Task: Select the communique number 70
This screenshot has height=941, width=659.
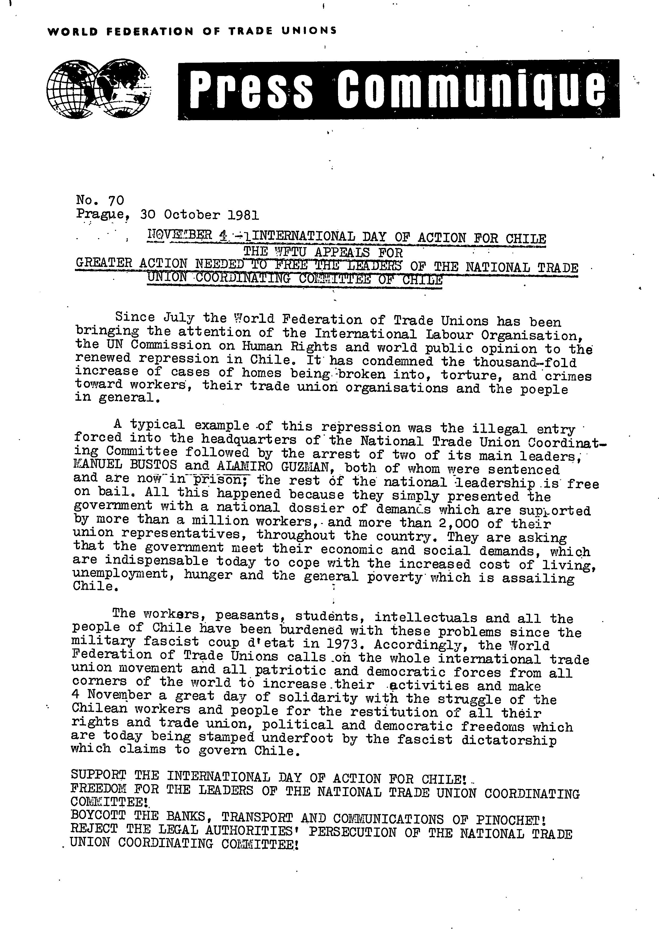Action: click(x=116, y=200)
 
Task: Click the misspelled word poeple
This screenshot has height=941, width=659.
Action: click(x=544, y=390)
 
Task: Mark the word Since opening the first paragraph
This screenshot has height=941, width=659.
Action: click(x=135, y=318)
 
